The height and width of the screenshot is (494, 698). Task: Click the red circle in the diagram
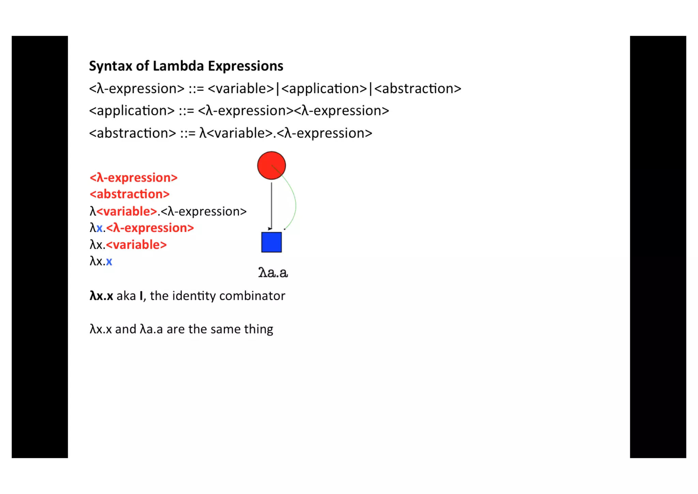click(x=271, y=165)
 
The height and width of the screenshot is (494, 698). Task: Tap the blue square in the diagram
click(x=271, y=242)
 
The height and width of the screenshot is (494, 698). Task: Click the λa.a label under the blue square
click(x=273, y=273)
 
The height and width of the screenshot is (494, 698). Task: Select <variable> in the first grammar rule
click(x=241, y=89)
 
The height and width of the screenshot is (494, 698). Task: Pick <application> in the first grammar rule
click(x=325, y=89)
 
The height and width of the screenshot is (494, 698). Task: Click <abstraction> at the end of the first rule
click(x=418, y=89)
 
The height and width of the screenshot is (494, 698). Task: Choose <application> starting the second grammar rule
click(x=132, y=111)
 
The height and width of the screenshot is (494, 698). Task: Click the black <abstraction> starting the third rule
click(x=133, y=133)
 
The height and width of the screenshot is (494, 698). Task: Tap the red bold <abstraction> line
click(x=130, y=194)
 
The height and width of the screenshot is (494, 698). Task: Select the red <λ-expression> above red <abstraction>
click(x=134, y=178)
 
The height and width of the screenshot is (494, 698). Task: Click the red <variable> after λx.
click(x=136, y=245)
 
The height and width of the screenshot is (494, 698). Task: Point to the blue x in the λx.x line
click(x=109, y=261)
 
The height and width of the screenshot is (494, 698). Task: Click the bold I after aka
click(x=141, y=296)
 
